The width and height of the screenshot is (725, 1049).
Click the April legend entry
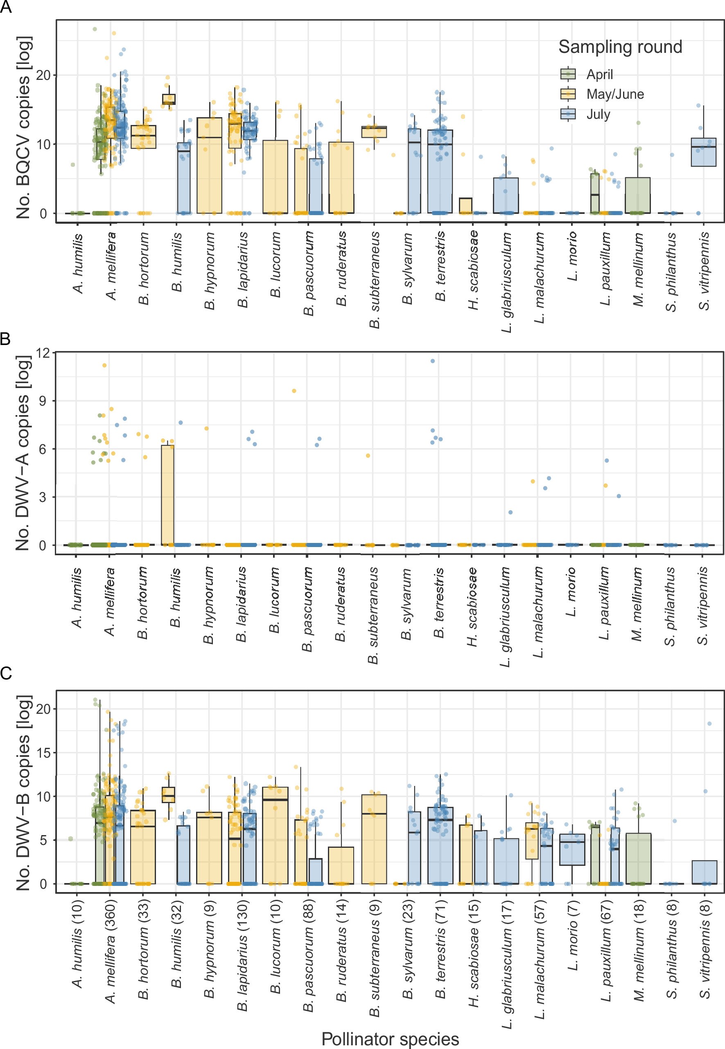pos(599,74)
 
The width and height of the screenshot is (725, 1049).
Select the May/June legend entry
pos(614,94)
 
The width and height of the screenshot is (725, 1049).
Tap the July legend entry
pos(598,114)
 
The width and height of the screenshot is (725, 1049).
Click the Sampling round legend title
pos(620,47)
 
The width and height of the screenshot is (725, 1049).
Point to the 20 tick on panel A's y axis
pos(44,75)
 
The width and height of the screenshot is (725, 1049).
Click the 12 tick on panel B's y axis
pos(44,353)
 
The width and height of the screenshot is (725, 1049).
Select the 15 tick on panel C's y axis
pos(44,752)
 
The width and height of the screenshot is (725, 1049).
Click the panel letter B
pos(5,339)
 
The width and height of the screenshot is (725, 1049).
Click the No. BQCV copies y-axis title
pos(23,127)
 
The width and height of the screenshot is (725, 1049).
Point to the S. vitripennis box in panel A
pos(703,152)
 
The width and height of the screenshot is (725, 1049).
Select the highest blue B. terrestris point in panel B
pos(432,361)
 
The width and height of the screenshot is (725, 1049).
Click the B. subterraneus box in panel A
pos(374,132)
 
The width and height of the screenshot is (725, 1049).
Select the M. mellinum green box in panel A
pos(637,195)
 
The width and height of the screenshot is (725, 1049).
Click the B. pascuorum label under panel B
pos(308,609)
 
